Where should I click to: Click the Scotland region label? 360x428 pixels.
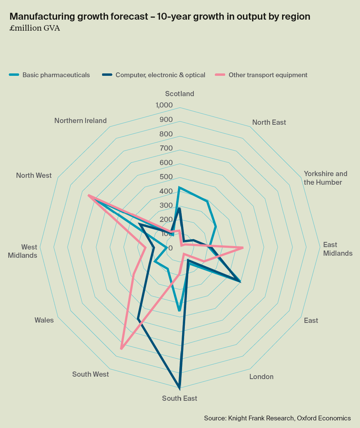click(x=179, y=94)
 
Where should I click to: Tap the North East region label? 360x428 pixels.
click(x=269, y=122)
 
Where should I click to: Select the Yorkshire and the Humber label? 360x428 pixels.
click(x=325, y=178)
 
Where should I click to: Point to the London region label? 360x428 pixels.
click(x=261, y=377)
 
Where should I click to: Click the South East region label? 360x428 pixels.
click(x=180, y=398)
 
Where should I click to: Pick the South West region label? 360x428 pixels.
click(x=90, y=374)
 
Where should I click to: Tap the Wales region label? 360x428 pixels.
click(x=44, y=320)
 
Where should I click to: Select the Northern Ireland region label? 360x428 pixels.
click(x=80, y=121)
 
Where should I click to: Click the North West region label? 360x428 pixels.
click(x=34, y=175)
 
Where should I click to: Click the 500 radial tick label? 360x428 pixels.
click(x=166, y=177)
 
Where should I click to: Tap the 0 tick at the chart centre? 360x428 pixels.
click(x=171, y=248)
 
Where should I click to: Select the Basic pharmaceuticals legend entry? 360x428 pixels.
click(x=56, y=75)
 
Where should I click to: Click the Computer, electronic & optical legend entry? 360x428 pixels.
click(x=160, y=75)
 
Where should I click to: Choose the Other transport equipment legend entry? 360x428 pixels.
click(x=268, y=75)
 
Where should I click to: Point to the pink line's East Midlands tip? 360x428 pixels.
click(x=243, y=247)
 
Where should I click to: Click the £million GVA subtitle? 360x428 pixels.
click(x=35, y=28)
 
